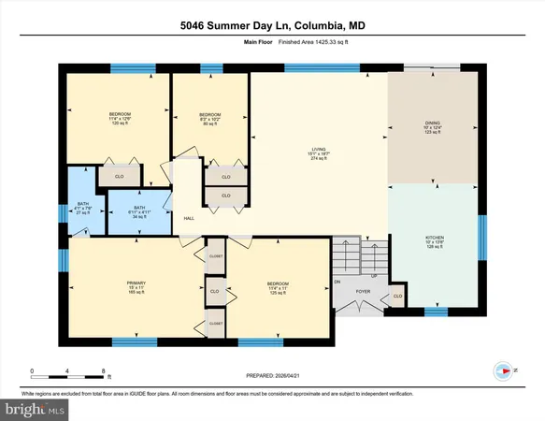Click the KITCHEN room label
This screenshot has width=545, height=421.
pos(432,242)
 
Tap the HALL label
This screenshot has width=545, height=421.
pos(188,218)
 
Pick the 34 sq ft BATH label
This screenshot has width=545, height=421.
pos(139,211)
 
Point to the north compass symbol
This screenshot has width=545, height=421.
pos(503,370)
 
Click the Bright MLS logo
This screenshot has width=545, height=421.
pos(35,408)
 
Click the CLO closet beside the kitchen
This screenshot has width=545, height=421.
pos(398,298)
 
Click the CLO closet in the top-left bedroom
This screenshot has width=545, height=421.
pos(120,175)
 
